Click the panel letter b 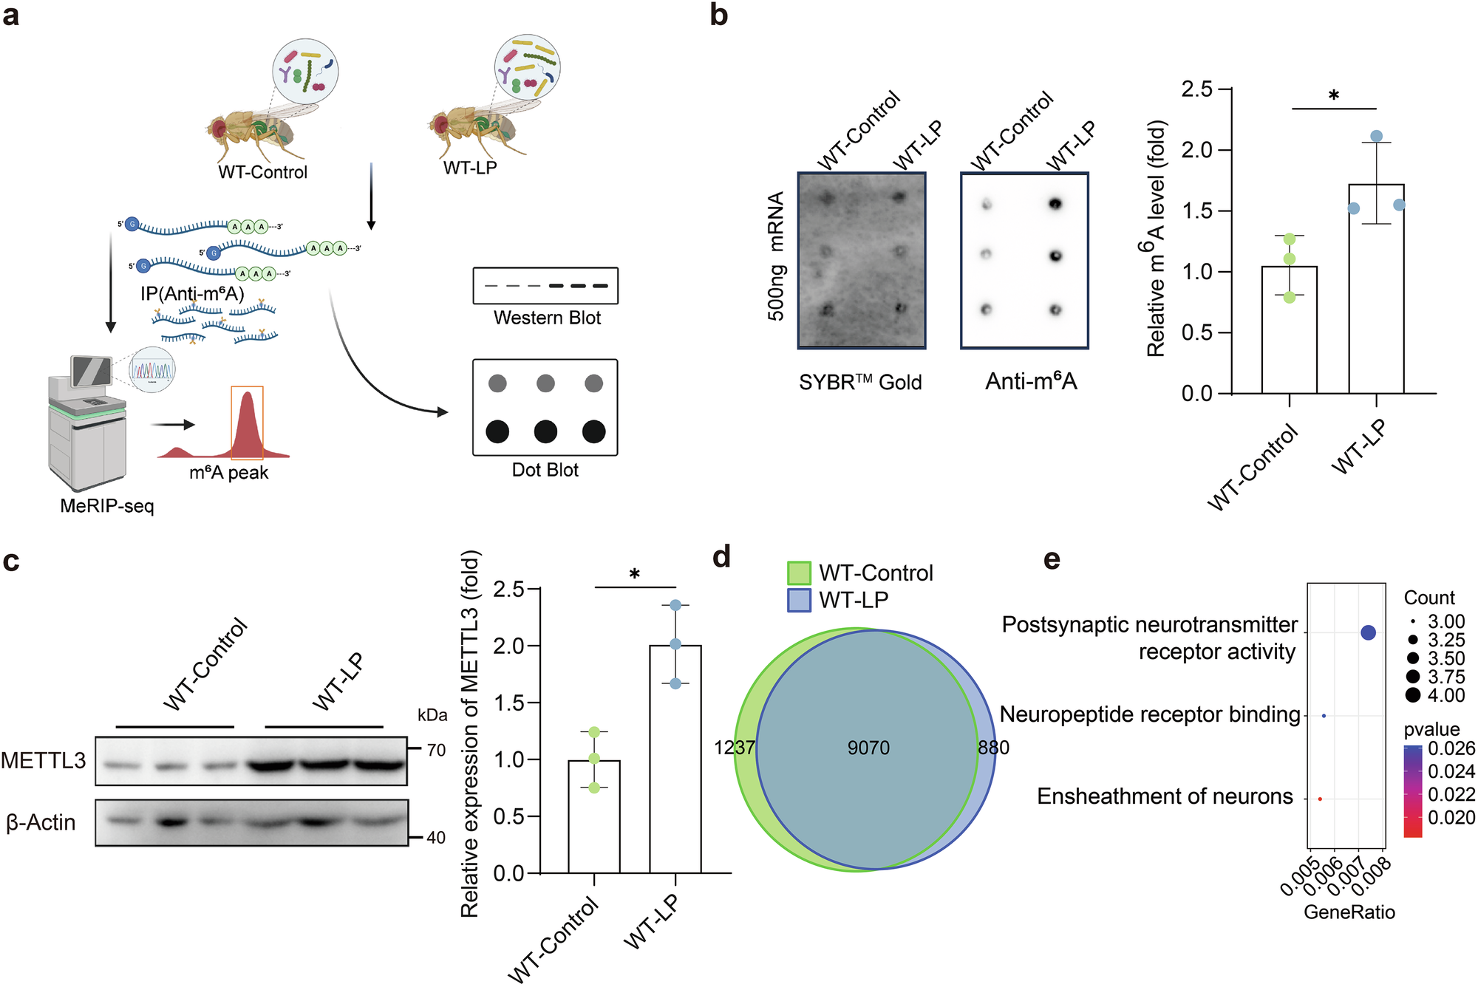718,15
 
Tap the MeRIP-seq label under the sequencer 107,506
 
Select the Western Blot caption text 547,318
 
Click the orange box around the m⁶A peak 247,423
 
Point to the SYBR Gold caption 860,382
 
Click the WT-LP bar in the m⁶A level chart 1376,296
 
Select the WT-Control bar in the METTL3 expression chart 593,820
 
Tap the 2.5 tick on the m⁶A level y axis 1197,89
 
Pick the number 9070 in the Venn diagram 868,748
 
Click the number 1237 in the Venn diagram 734,748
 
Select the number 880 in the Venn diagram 993,748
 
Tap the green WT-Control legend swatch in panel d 799,573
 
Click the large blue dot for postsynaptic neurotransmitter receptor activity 1368,632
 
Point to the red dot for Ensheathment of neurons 1320,799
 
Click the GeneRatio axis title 1349,912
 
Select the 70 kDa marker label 436,751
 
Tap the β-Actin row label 41,822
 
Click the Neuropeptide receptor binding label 1149,714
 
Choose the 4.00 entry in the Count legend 1445,695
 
